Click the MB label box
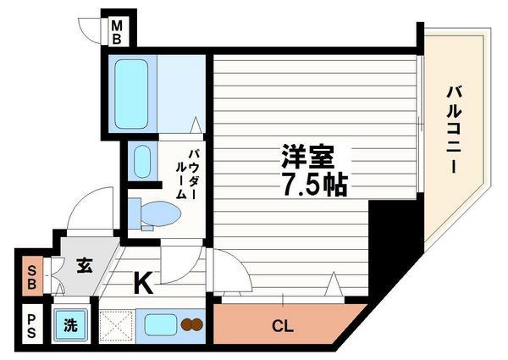click(117, 32)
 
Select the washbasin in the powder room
click(141, 161)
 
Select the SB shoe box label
click(31, 275)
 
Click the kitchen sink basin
click(157, 324)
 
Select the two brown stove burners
click(192, 324)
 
